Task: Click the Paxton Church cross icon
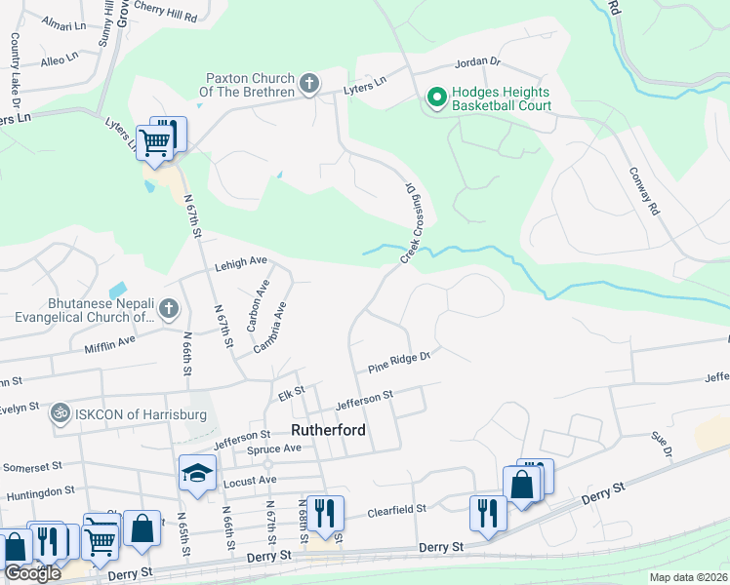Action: (309, 85)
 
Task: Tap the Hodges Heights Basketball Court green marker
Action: (435, 98)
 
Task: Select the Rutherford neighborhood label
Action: (329, 428)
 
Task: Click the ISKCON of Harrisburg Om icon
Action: (60, 414)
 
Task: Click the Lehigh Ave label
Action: (240, 262)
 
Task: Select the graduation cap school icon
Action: (197, 474)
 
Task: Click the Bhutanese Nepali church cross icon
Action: (168, 310)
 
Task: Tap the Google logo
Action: (32, 573)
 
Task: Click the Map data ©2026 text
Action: (688, 577)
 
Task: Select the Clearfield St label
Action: (397, 509)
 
